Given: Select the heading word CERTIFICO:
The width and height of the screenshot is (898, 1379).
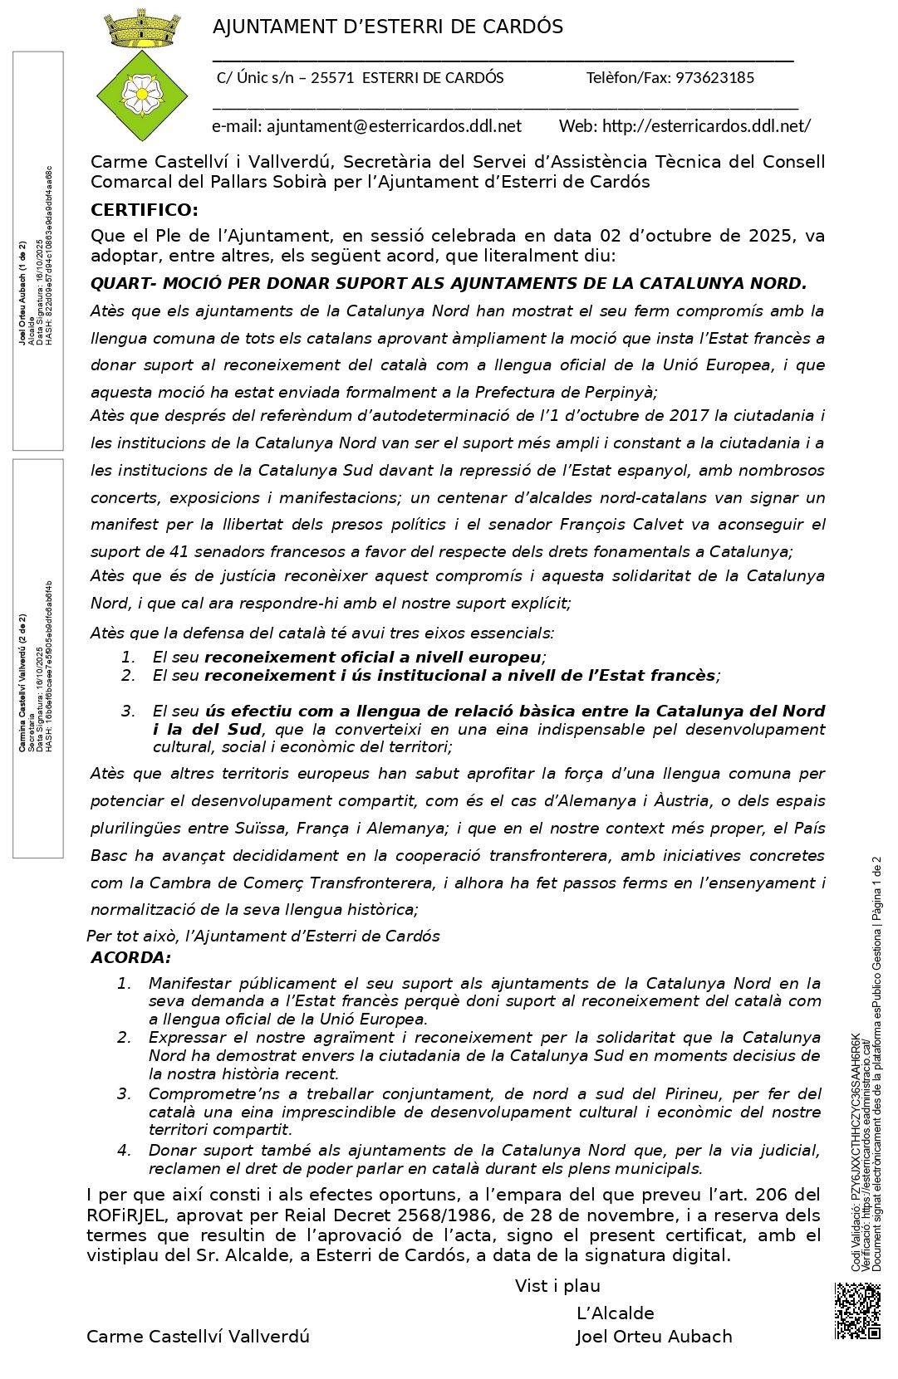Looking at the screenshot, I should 145,209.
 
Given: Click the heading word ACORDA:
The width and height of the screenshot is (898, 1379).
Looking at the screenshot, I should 130,957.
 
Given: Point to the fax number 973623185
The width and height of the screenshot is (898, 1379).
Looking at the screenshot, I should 714,78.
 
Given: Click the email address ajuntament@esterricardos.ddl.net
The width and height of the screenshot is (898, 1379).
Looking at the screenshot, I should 394,126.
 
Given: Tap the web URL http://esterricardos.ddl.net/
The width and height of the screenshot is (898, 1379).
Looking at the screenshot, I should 706,126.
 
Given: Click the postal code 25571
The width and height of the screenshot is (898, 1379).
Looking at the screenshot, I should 332,78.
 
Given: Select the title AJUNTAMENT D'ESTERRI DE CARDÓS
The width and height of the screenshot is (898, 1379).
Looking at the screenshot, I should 388,27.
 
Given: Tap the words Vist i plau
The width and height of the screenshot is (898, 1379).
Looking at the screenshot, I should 557,1286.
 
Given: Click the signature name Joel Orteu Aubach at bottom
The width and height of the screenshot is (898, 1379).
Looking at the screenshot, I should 654,1337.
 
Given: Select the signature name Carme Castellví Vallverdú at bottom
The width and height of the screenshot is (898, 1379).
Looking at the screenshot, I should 198,1337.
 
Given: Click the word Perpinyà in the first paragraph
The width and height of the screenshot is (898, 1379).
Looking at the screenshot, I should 621,393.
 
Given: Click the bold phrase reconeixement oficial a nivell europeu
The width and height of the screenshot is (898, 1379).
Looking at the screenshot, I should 372,658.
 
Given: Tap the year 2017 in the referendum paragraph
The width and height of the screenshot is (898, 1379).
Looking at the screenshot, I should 689,416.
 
